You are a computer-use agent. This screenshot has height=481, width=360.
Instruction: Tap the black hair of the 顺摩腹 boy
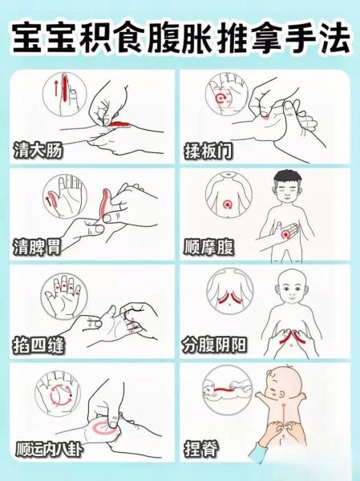[x=285, y=178]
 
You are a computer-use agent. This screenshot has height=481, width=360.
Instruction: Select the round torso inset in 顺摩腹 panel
[x=226, y=198]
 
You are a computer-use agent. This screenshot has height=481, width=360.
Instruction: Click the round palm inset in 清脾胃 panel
[x=57, y=198]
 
